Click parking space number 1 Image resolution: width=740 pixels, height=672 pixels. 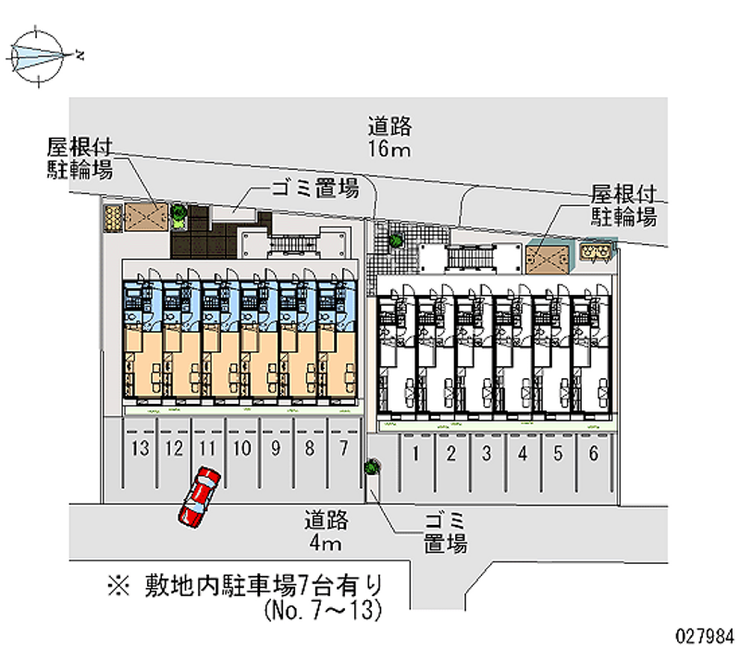click(x=417, y=453)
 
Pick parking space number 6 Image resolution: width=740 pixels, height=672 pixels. click(x=593, y=453)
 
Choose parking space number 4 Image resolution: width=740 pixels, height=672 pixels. click(x=523, y=453)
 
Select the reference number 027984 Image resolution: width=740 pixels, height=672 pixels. click(x=706, y=637)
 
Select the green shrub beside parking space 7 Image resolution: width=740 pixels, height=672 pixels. click(x=371, y=468)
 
